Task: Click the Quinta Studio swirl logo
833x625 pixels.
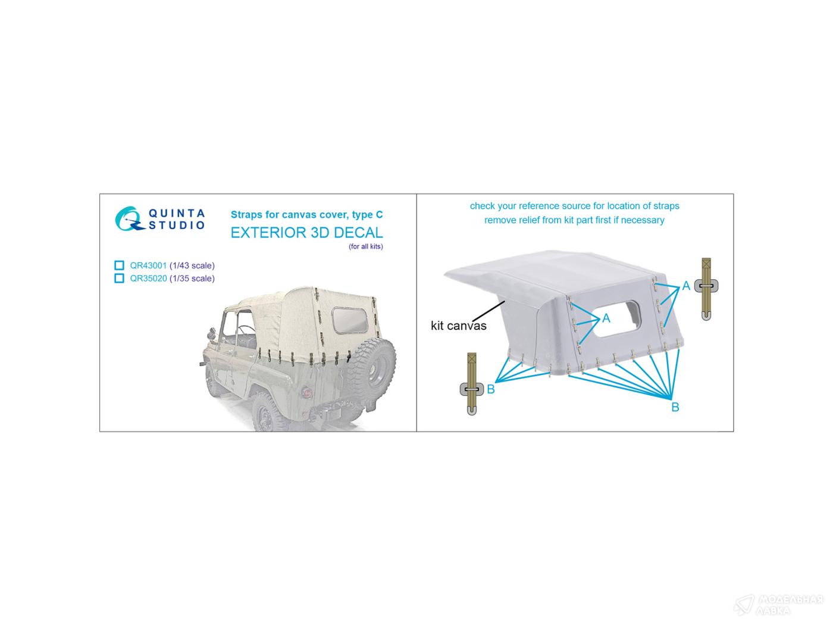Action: [x=129, y=218]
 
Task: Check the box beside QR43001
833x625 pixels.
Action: [x=119, y=265]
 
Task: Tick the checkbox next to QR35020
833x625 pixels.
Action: [x=119, y=278]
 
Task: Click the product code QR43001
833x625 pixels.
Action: [x=148, y=265]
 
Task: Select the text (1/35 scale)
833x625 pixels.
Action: [x=192, y=279]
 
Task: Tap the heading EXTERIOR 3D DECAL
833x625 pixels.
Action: [x=306, y=233]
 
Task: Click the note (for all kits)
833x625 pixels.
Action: [x=366, y=246]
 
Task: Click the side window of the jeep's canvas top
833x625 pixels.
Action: [x=350, y=320]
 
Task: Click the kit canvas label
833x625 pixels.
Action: [x=458, y=326]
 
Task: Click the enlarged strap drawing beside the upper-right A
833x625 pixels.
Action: [x=706, y=289]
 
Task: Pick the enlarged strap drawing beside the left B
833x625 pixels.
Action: [x=472, y=384]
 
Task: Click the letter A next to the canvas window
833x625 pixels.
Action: [x=606, y=318]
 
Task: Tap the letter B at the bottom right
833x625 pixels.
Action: [x=675, y=407]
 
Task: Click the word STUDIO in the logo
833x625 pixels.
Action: [x=177, y=226]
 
